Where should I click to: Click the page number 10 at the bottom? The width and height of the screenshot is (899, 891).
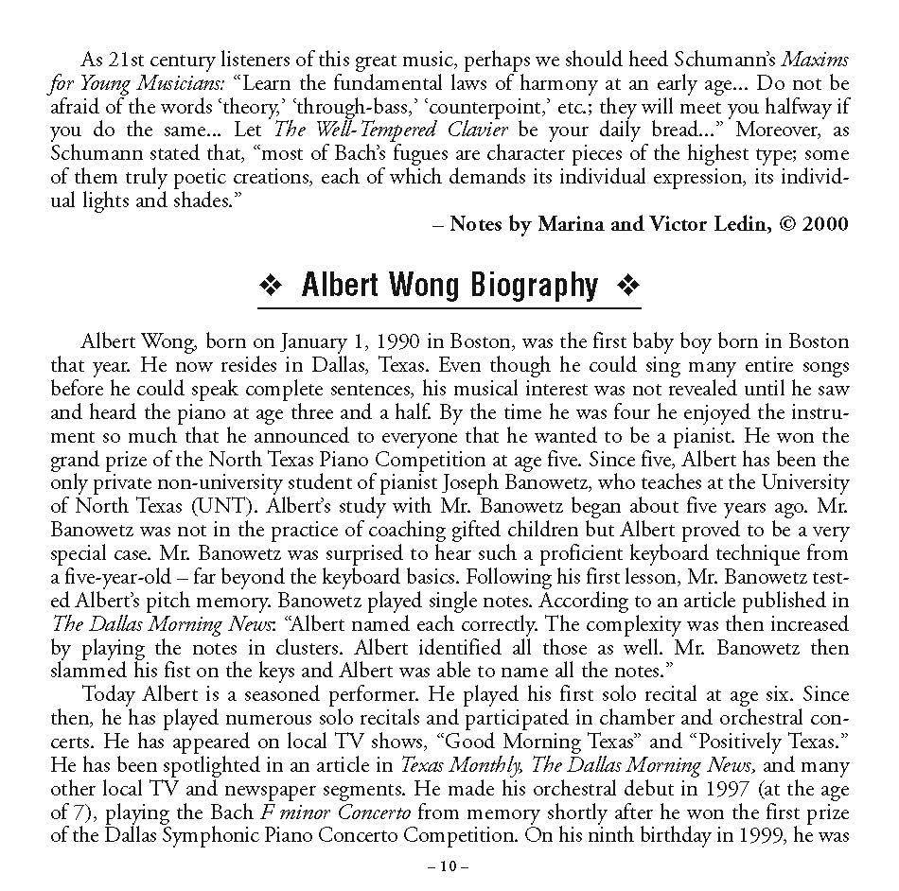[x=449, y=865]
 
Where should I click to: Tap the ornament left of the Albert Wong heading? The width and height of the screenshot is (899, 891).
[x=273, y=286]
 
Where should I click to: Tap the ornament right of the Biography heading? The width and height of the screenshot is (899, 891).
[x=626, y=286]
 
